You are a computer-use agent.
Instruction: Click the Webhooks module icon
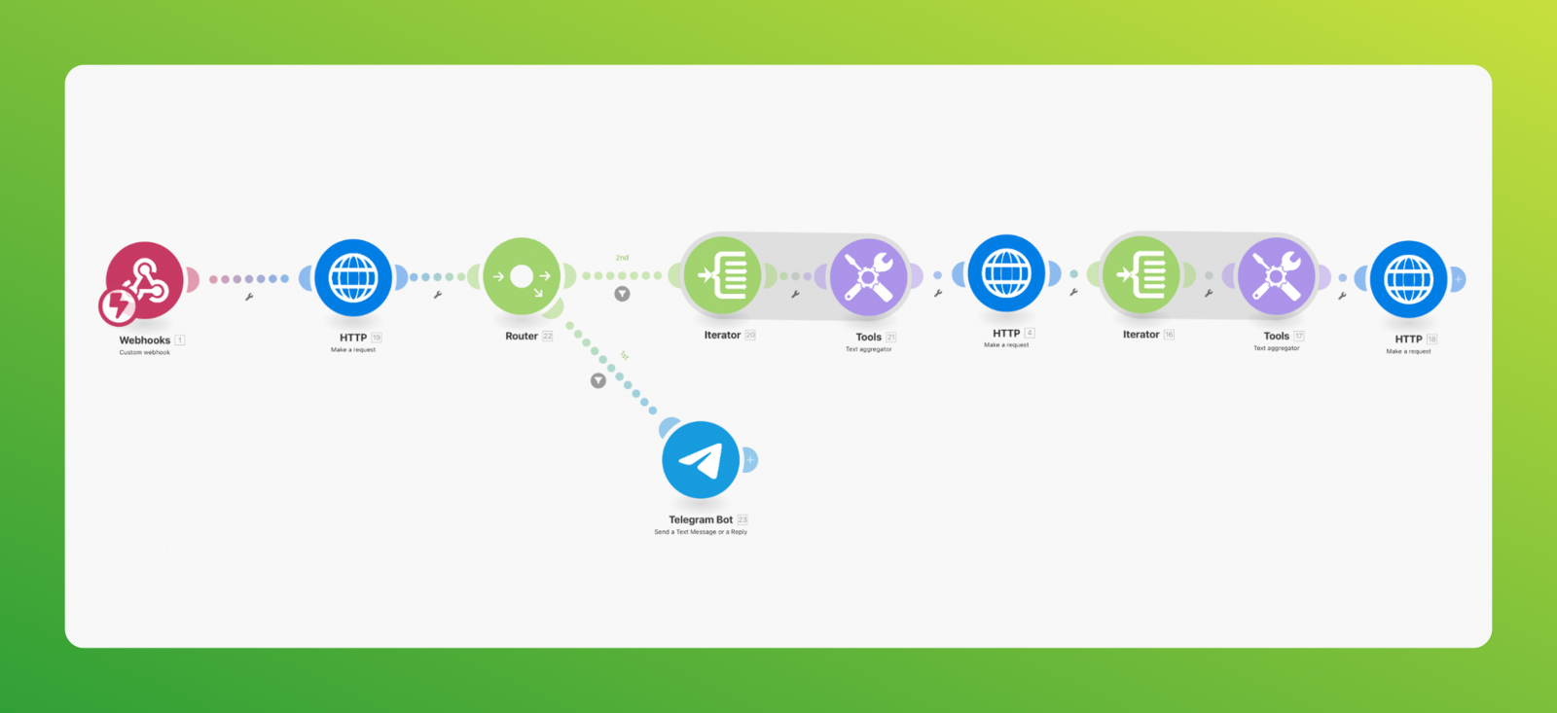coord(145,280)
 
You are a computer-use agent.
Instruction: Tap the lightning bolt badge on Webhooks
coord(118,306)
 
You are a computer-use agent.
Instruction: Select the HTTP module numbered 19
coord(353,277)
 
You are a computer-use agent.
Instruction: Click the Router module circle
coord(522,276)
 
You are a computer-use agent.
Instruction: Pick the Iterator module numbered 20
coord(722,275)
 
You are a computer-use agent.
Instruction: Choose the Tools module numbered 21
coord(869,277)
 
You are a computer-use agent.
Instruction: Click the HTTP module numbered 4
coord(1006,273)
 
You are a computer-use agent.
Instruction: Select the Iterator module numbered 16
coord(1141,274)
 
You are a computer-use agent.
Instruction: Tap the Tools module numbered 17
coord(1276,276)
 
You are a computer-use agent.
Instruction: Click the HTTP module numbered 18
coord(1408,279)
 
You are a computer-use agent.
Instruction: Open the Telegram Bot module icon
coord(701,460)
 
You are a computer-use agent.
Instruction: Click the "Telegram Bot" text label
coord(701,519)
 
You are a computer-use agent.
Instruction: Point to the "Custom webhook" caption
coord(145,352)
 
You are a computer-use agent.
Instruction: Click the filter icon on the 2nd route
coord(622,294)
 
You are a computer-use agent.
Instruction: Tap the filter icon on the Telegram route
coord(598,380)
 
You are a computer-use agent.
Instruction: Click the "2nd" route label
coord(622,258)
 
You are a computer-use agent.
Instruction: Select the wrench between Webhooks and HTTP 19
coord(249,297)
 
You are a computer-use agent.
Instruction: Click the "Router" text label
coord(522,337)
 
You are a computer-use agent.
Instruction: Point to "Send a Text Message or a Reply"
coord(701,532)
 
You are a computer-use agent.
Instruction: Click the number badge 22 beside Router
coord(548,337)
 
